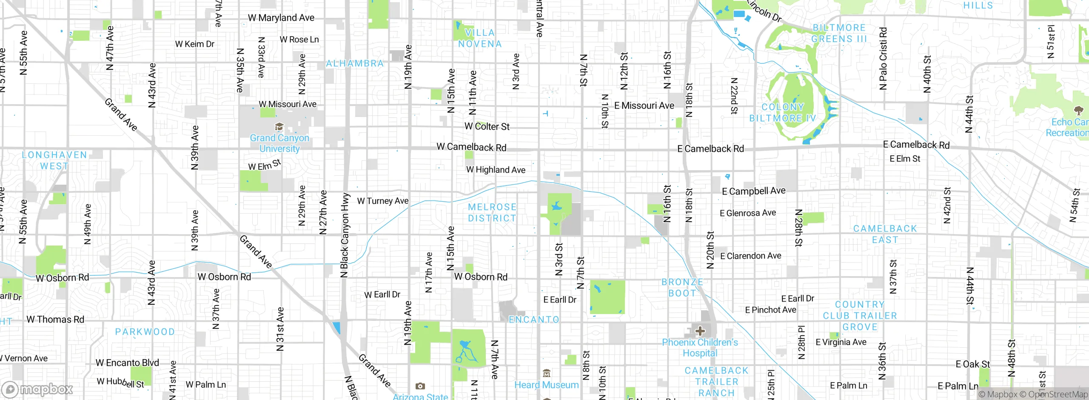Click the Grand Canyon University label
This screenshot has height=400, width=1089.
pyautogui.click(x=279, y=143)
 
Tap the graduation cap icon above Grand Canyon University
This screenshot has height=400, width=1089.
pyautogui.click(x=279, y=127)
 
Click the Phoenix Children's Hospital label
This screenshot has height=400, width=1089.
pyautogui.click(x=700, y=348)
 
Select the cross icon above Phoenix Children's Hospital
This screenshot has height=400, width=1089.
pyautogui.click(x=700, y=331)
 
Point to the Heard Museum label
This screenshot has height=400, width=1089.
pyautogui.click(x=546, y=385)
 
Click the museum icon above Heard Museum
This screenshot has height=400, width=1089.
pyautogui.click(x=547, y=374)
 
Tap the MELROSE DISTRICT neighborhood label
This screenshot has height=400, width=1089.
pyautogui.click(x=492, y=212)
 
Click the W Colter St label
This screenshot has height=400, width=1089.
pyautogui.click(x=487, y=126)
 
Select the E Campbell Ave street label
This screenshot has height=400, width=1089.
pyautogui.click(x=753, y=191)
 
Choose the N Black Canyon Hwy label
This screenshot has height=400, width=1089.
pyautogui.click(x=345, y=235)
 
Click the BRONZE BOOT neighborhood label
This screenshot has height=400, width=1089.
pyautogui.click(x=682, y=288)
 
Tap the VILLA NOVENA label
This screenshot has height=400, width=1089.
pyautogui.click(x=480, y=38)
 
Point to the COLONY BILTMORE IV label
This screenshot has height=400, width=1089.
pyautogui.click(x=783, y=113)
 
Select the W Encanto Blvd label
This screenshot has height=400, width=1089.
pyautogui.click(x=127, y=363)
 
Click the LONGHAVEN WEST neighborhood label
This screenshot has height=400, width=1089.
pyautogui.click(x=54, y=160)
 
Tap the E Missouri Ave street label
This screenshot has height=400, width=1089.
pyautogui.click(x=644, y=106)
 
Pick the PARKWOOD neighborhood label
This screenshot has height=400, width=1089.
pyautogui.click(x=145, y=331)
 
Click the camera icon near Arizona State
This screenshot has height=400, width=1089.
pyautogui.click(x=420, y=386)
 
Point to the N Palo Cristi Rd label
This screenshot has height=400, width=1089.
pyautogui.click(x=883, y=58)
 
